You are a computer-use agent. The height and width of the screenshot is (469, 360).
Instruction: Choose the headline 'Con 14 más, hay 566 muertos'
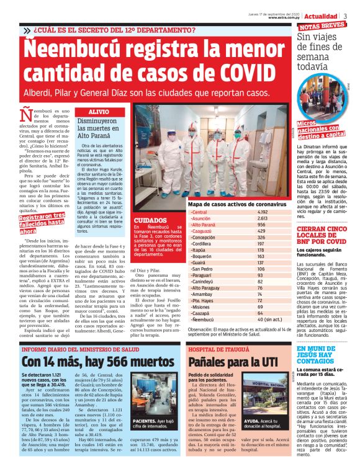(x=91, y=360)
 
